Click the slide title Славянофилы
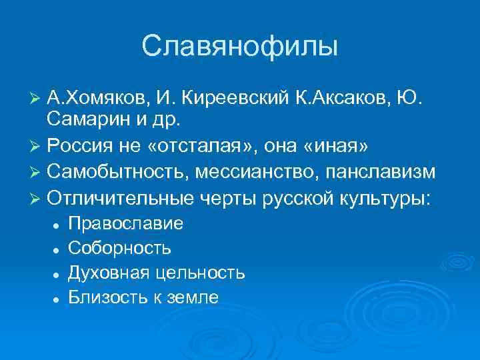point(240,47)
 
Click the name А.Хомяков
point(97,100)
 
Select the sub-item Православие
point(126,223)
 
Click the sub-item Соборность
point(120,248)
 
